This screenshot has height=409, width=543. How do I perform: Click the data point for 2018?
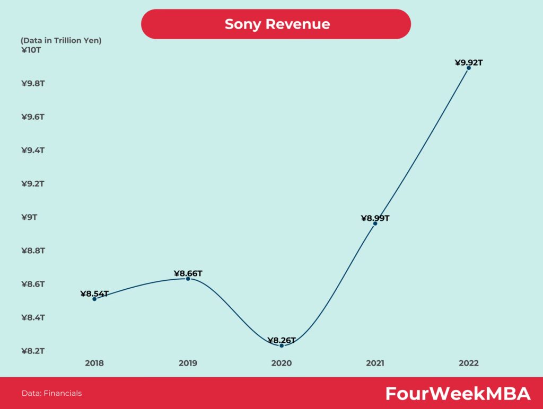click(94, 299)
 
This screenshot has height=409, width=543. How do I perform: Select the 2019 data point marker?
click(188, 279)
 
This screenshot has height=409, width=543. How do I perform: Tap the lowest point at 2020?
click(282, 345)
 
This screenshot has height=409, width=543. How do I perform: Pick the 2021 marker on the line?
click(375, 224)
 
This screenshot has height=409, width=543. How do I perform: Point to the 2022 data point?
click(469, 68)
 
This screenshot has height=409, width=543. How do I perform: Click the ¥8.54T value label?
click(94, 293)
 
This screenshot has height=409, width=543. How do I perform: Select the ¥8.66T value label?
click(188, 273)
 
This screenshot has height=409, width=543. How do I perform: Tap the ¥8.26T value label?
click(282, 340)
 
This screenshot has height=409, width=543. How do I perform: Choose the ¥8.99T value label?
click(375, 218)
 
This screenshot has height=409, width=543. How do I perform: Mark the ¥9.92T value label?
click(469, 63)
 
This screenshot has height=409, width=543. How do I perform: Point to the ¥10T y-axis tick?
click(31, 50)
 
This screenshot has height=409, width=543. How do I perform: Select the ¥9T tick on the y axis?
click(29, 217)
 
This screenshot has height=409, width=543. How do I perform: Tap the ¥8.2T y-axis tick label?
click(33, 351)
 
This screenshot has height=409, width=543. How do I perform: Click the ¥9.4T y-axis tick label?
click(33, 150)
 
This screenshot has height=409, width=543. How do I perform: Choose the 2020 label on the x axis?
click(282, 363)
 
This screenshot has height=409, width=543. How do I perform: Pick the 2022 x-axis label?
click(469, 363)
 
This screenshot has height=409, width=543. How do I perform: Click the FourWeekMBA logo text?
click(458, 394)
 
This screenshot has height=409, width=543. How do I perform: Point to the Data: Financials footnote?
click(51, 393)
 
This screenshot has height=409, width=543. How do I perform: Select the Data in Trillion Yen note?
click(61, 40)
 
